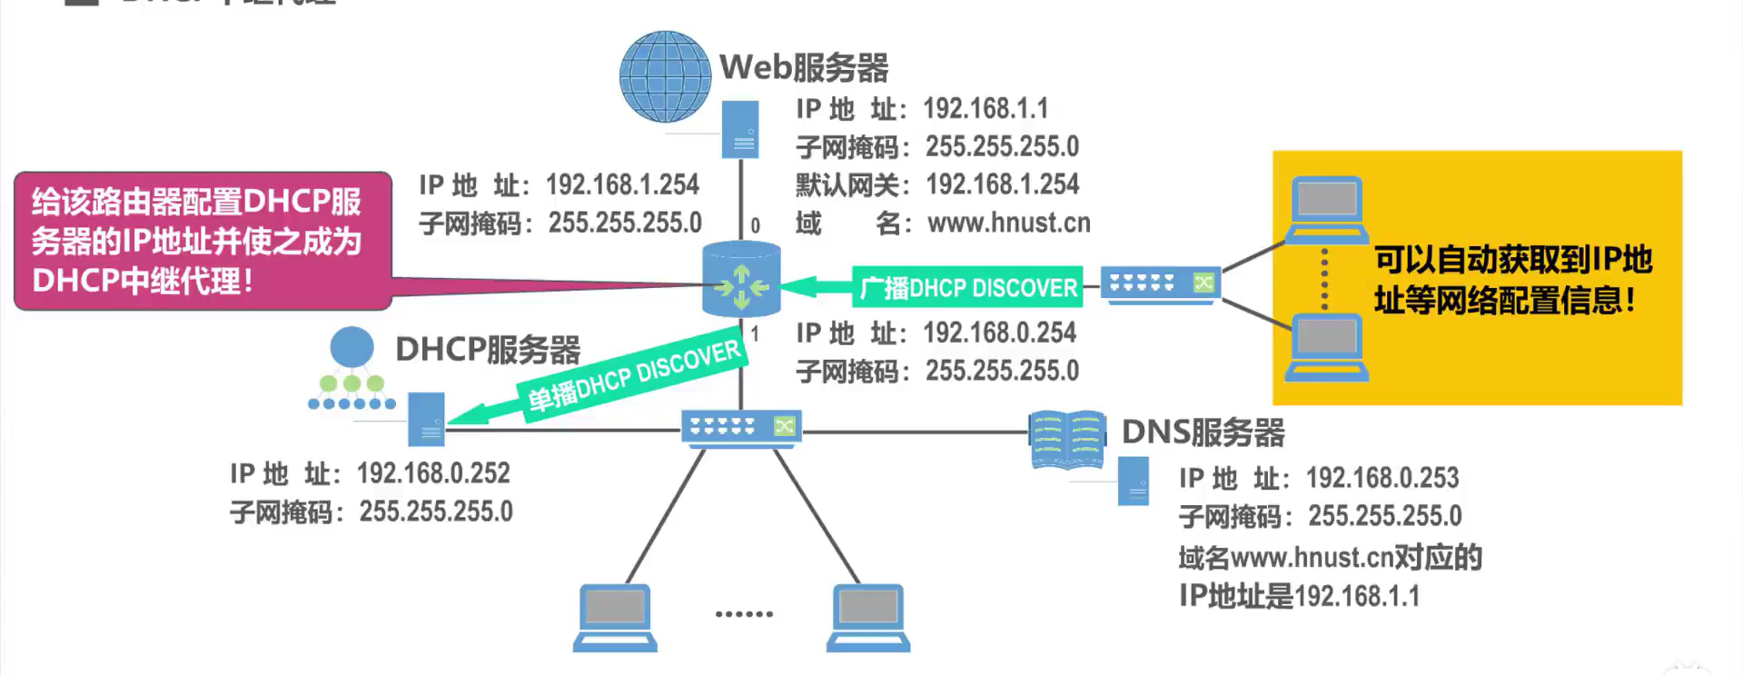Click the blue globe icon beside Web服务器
tap(665, 77)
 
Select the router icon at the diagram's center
tap(741, 280)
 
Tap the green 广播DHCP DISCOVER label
tap(967, 288)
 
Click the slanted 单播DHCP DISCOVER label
tap(634, 377)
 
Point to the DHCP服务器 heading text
tap(488, 350)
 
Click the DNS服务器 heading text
tap(1203, 432)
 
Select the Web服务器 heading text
tap(804, 67)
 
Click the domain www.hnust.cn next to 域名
tap(1008, 223)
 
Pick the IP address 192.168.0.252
tap(433, 473)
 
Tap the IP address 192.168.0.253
tap(1382, 478)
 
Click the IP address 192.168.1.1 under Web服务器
tap(985, 109)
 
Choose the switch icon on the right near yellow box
tap(1160, 284)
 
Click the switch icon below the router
tap(741, 427)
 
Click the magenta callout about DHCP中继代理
tap(203, 241)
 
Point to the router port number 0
tap(755, 225)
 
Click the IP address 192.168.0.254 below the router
tap(999, 333)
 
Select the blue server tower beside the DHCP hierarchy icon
tap(426, 419)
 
